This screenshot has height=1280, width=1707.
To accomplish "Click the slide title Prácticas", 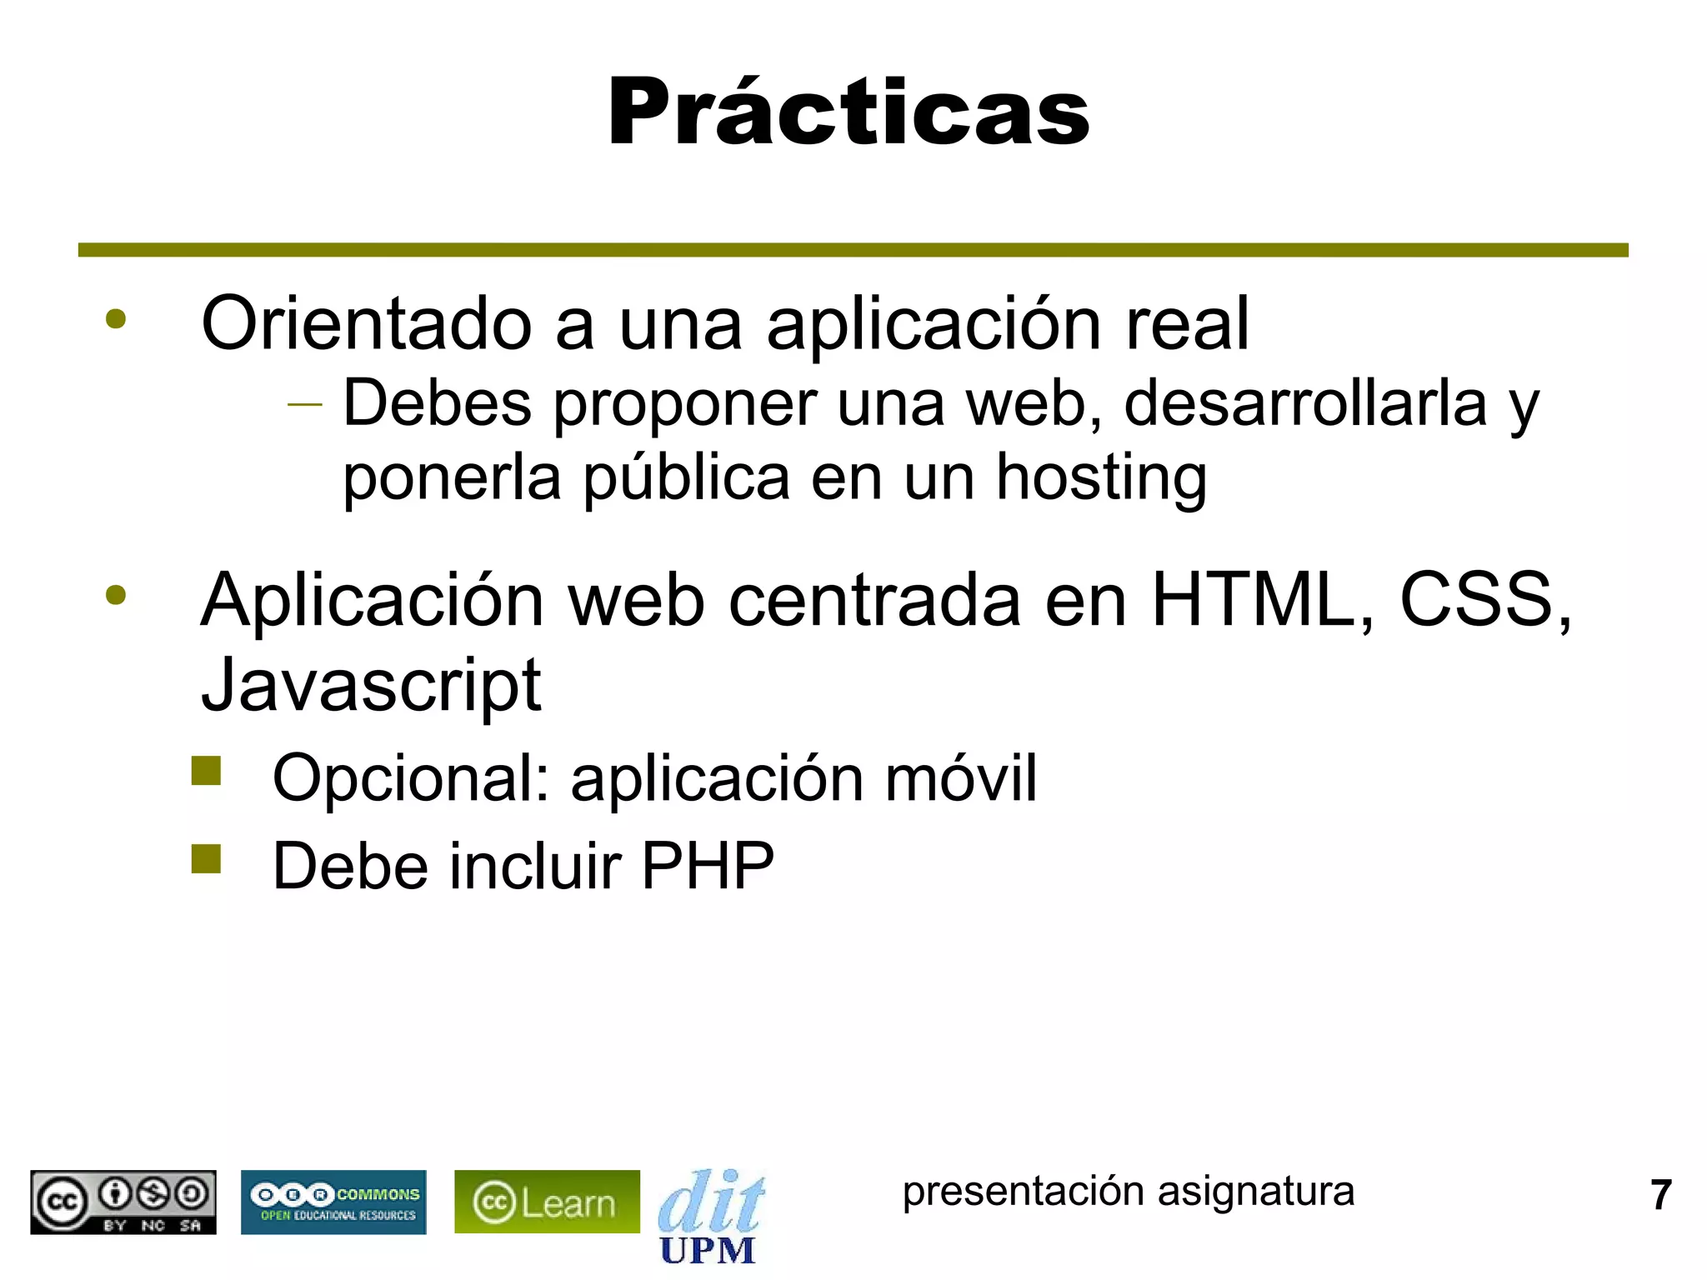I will pyautogui.click(x=848, y=112).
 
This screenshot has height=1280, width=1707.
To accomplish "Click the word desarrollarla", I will pyautogui.click(x=1305, y=404).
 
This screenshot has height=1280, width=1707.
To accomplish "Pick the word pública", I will pyautogui.click(x=686, y=479).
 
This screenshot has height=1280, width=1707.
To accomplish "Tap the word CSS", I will pyautogui.click(x=1481, y=600).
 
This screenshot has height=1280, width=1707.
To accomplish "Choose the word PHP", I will pyautogui.click(x=708, y=867).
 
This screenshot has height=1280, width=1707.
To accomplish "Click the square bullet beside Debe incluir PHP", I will pyautogui.click(x=206, y=858).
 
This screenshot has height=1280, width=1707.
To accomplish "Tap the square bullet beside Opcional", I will pyautogui.click(x=206, y=771).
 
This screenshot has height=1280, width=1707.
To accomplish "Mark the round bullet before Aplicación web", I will pyautogui.click(x=116, y=595).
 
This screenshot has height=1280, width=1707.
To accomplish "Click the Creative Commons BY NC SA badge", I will pyautogui.click(x=123, y=1202).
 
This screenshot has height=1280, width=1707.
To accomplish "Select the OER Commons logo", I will pyautogui.click(x=333, y=1202).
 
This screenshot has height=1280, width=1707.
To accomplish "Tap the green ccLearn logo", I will pyautogui.click(x=547, y=1202).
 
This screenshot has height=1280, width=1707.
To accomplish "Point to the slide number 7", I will pyautogui.click(x=1661, y=1195).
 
